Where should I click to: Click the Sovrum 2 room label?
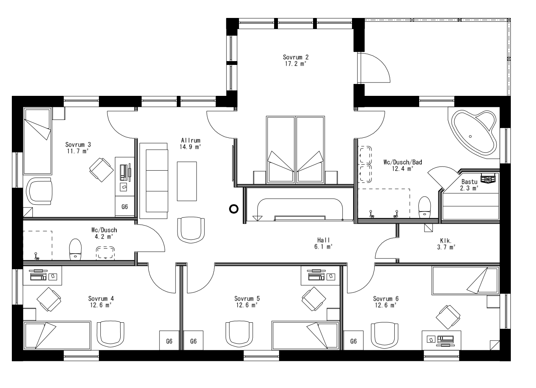(x=295, y=57)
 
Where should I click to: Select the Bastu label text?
(x=469, y=181)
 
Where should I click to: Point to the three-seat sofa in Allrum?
(x=153, y=181)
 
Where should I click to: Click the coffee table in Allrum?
(x=187, y=181)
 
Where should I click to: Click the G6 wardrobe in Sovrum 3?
(x=124, y=207)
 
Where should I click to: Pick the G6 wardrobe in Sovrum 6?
(x=353, y=341)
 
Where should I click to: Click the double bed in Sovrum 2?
(x=296, y=150)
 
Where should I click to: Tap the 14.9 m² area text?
(x=190, y=147)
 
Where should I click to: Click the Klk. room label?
(x=446, y=241)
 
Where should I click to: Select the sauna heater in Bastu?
(x=488, y=178)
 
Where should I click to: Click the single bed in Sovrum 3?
(x=37, y=141)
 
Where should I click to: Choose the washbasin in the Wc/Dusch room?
(x=105, y=252)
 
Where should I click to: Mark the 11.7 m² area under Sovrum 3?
(x=77, y=151)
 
